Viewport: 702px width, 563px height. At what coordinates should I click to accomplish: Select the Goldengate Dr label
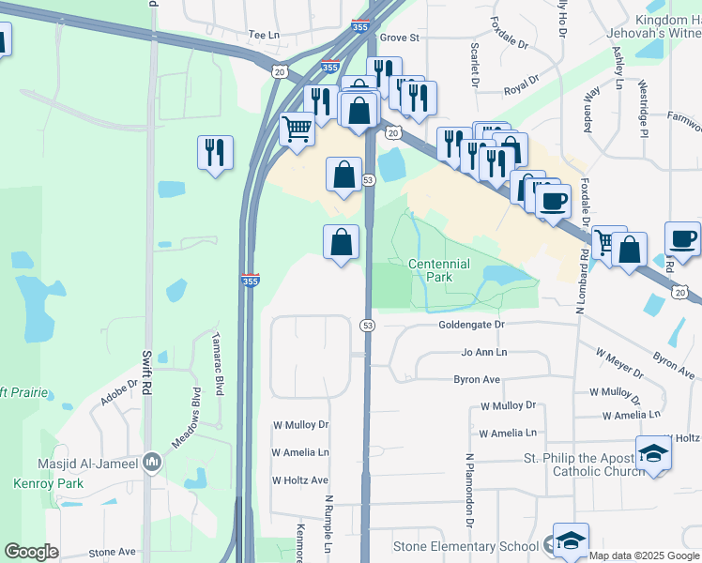click(x=471, y=325)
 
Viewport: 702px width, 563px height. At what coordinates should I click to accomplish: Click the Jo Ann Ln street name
click(x=483, y=352)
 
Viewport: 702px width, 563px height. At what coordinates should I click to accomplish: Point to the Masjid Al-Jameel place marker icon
click(x=152, y=463)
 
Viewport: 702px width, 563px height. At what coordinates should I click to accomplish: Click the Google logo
click(x=31, y=552)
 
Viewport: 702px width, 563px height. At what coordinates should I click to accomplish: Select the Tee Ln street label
click(x=264, y=35)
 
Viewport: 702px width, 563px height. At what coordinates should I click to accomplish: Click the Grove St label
click(x=399, y=38)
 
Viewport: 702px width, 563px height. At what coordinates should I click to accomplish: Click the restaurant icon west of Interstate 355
click(x=215, y=151)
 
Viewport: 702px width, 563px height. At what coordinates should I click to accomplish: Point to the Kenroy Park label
click(x=48, y=484)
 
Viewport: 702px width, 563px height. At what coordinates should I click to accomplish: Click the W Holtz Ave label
click(x=300, y=480)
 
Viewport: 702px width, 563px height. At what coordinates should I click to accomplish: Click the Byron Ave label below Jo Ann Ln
click(x=477, y=380)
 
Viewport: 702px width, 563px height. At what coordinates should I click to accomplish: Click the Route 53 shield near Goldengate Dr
click(x=368, y=325)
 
